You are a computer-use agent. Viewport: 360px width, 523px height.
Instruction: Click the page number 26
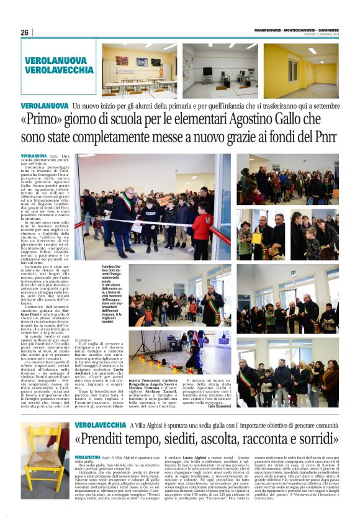[24, 32]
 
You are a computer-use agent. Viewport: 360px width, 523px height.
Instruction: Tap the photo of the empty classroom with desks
[138, 70]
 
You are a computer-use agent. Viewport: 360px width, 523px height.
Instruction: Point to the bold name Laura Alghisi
[196, 457]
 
